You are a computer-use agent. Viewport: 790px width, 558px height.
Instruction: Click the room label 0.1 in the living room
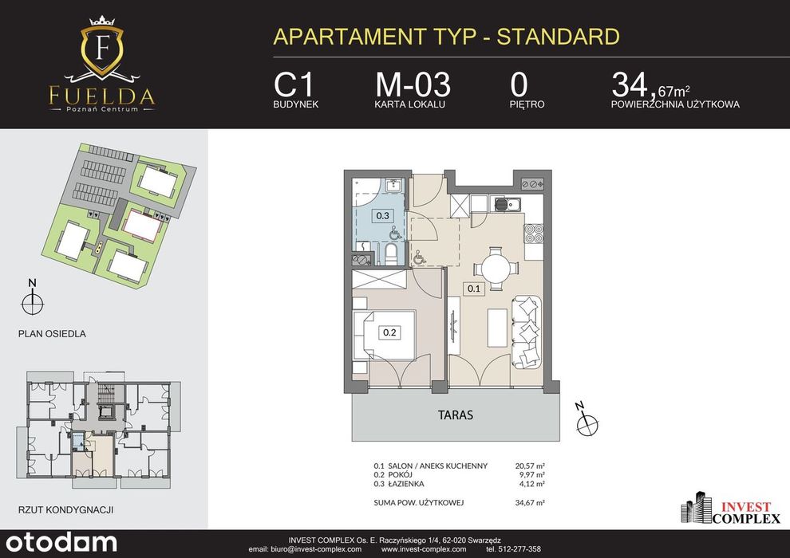coord(473,289)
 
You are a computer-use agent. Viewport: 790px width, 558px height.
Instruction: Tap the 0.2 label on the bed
coord(389,332)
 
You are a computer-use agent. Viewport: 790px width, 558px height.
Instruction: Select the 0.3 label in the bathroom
coord(382,216)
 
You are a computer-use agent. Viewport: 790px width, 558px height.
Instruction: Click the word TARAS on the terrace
coord(456,415)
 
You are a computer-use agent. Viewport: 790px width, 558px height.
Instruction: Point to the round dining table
coord(497,268)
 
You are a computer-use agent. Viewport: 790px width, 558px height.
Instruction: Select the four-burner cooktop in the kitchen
coord(534,233)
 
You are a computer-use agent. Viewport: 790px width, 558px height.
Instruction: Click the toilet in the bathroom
coord(390,254)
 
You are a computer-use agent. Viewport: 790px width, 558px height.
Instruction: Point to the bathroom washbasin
coord(393,186)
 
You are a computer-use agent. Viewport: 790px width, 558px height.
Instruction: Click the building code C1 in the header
coord(294,84)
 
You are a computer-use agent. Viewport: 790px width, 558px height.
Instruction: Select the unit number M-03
coord(413,84)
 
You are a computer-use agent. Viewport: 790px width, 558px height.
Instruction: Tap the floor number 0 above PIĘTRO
coord(519,84)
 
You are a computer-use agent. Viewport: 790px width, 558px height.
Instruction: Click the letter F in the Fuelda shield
coord(102,49)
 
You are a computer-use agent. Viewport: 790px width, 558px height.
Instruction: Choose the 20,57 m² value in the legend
coord(530,466)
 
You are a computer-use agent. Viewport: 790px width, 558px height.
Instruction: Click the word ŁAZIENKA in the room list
coord(406,484)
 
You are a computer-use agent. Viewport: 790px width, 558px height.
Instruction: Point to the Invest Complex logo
coord(730,509)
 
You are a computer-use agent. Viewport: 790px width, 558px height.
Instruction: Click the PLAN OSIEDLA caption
coord(52,333)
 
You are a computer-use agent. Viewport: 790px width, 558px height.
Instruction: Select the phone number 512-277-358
coord(518,549)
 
